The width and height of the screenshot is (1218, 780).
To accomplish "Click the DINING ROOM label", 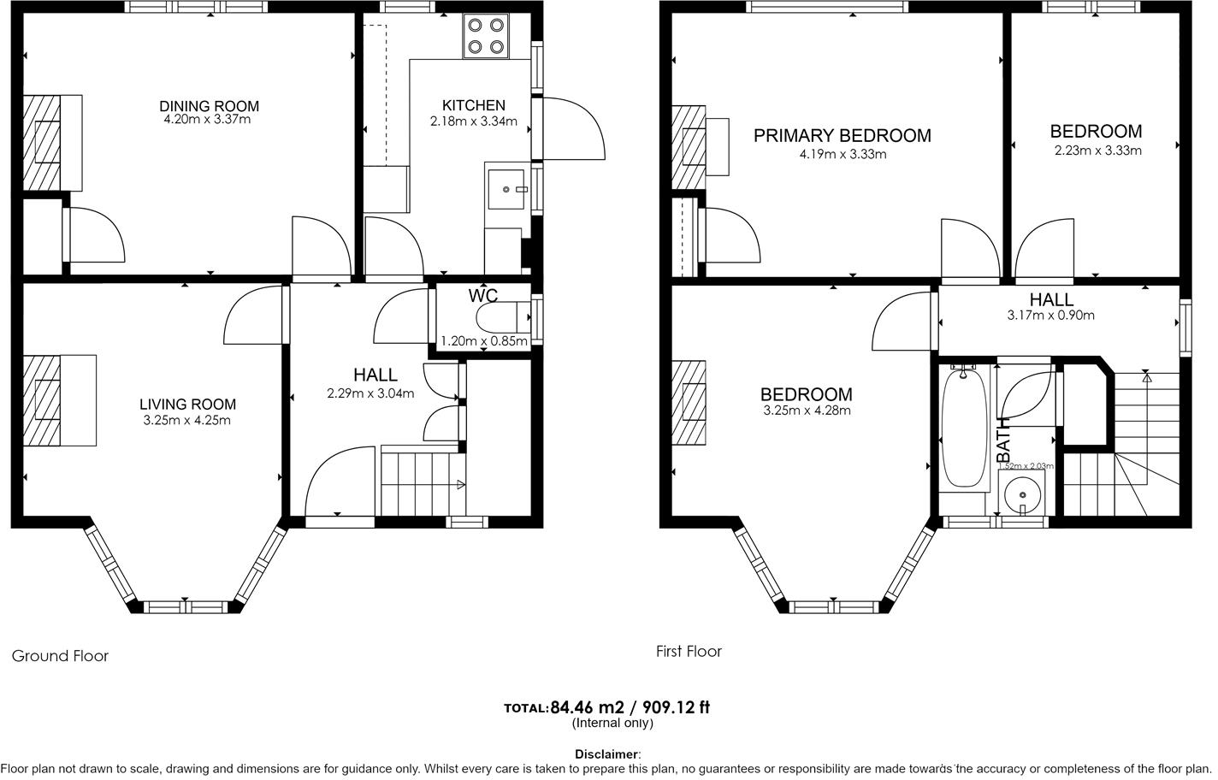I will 209,106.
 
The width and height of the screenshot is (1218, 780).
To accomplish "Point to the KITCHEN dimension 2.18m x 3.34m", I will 473,121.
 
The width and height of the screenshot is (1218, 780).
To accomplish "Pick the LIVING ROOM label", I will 187,405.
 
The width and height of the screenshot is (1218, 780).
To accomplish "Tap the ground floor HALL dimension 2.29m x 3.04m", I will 370,394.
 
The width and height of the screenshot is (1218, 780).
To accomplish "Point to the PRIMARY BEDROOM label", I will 842,135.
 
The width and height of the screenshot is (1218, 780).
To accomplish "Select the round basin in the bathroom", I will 1024,493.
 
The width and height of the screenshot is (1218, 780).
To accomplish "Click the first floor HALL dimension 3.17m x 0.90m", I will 1050,315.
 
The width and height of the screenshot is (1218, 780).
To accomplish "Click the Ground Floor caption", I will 60,656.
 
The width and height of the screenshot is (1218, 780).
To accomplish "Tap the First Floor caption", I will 689,651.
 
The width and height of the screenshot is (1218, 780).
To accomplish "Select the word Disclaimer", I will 606,754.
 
